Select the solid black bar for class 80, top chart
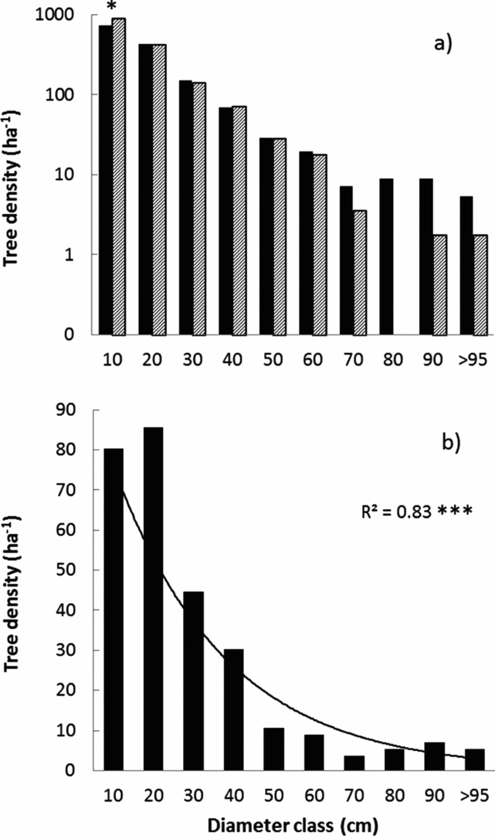(x=387, y=257)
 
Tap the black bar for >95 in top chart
(x=466, y=265)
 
